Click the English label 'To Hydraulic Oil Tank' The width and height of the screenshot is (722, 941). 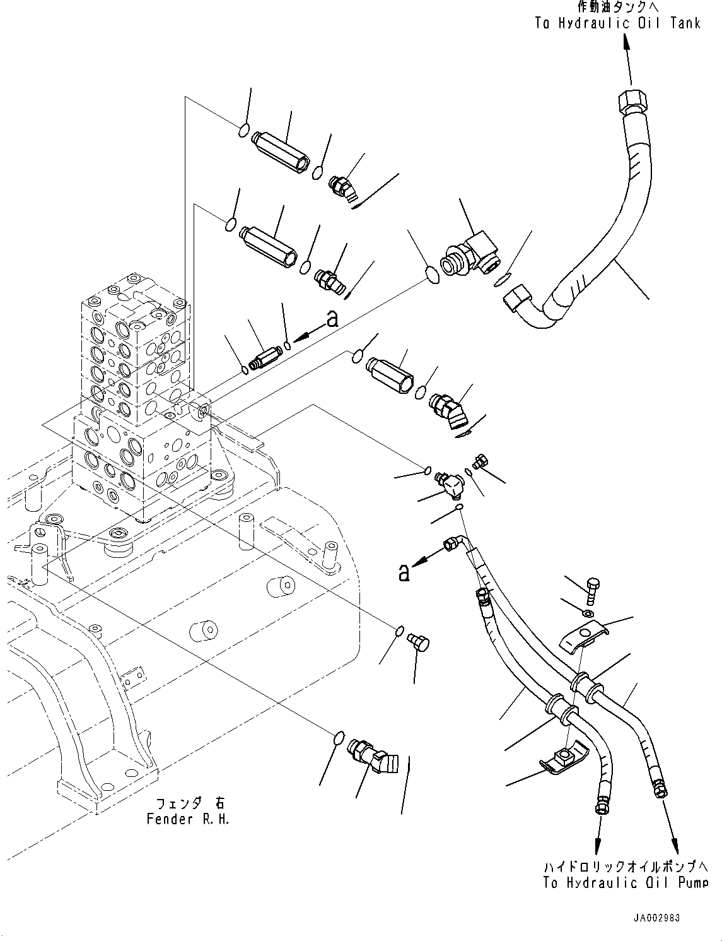(617, 24)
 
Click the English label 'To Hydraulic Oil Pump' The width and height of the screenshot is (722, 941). (626, 882)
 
